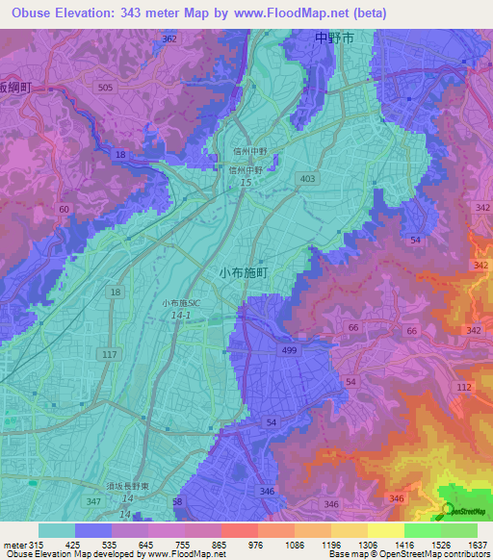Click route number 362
169,38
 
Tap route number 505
105,87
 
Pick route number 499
286,351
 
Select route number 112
463,387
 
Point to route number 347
93,502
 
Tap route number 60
64,209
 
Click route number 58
176,502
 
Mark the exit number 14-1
182,315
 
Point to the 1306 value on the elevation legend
367,547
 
